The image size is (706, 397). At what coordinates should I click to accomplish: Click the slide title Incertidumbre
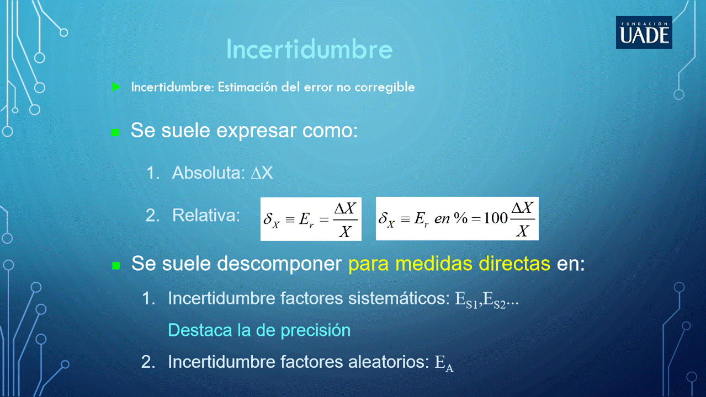pyautogui.click(x=310, y=49)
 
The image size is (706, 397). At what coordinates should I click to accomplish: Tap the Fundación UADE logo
pyautogui.click(x=644, y=33)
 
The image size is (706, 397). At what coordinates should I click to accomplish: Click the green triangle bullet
pyautogui.click(x=116, y=87)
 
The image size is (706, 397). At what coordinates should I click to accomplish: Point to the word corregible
pyautogui.click(x=385, y=88)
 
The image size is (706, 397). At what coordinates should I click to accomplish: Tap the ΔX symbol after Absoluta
pyautogui.click(x=262, y=173)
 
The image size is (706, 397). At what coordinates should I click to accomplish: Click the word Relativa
pyautogui.click(x=206, y=216)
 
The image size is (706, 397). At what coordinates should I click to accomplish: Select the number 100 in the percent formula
pyautogui.click(x=496, y=218)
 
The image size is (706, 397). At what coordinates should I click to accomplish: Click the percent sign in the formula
pyautogui.click(x=460, y=218)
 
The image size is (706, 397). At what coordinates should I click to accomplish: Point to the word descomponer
pyautogui.click(x=279, y=264)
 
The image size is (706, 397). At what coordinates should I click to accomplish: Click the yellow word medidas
pyautogui.click(x=433, y=264)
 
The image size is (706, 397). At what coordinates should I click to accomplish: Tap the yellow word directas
pyautogui.click(x=514, y=264)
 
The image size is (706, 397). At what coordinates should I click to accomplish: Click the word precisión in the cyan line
pyautogui.click(x=316, y=331)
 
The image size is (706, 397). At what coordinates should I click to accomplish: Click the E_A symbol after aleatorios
pyautogui.click(x=444, y=363)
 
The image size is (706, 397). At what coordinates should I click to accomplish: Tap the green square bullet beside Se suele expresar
pyautogui.click(x=115, y=132)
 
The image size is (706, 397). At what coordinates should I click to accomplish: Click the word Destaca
pyautogui.click(x=200, y=330)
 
